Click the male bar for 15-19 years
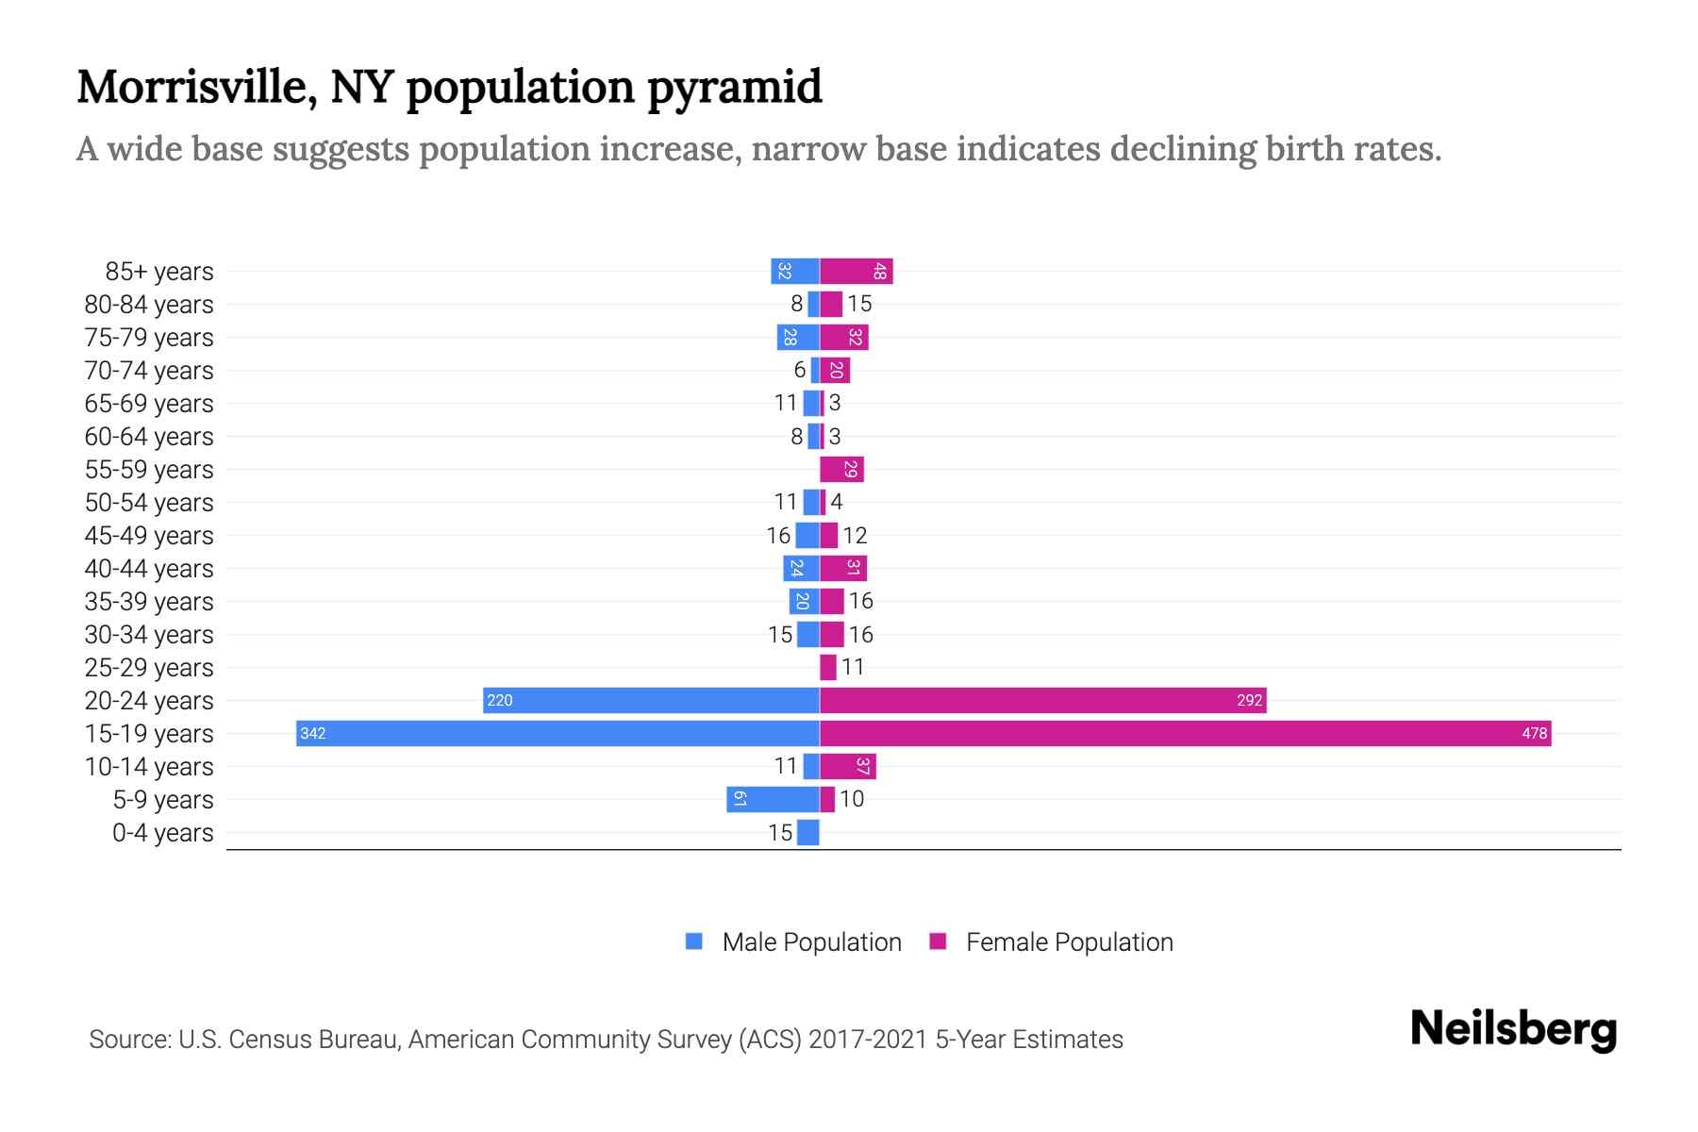click(x=557, y=733)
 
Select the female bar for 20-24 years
click(x=1042, y=700)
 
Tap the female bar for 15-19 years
click(x=1185, y=733)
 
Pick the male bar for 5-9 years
click(x=773, y=799)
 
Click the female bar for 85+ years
click(x=856, y=272)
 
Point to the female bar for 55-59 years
click(x=841, y=469)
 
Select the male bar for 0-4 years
click(x=808, y=832)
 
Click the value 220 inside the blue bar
click(x=500, y=700)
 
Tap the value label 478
click(x=1534, y=733)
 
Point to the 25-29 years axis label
click(x=149, y=667)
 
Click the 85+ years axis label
click(x=159, y=272)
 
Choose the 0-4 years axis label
click(x=162, y=832)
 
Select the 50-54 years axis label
click(x=149, y=502)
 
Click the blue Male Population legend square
click(x=694, y=941)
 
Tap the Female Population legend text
click(x=1069, y=941)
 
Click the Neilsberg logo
click(x=1513, y=1029)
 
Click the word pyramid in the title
click(x=735, y=88)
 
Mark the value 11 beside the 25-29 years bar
click(x=853, y=667)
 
